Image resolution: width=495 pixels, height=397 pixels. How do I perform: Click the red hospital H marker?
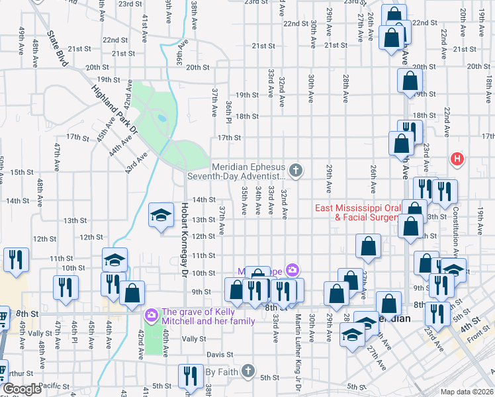pyautogui.click(x=457, y=159)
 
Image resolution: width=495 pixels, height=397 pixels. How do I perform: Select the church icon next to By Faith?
pyautogui.click(x=247, y=371)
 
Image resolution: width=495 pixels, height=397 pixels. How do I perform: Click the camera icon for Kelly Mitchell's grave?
pyautogui.click(x=152, y=313)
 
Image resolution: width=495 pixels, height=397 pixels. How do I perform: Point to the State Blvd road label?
pyautogui.click(x=58, y=47)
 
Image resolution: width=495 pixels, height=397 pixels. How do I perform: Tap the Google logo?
pyautogui.click(x=22, y=389)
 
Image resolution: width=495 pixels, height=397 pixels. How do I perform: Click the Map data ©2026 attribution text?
pyautogui.click(x=467, y=391)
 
